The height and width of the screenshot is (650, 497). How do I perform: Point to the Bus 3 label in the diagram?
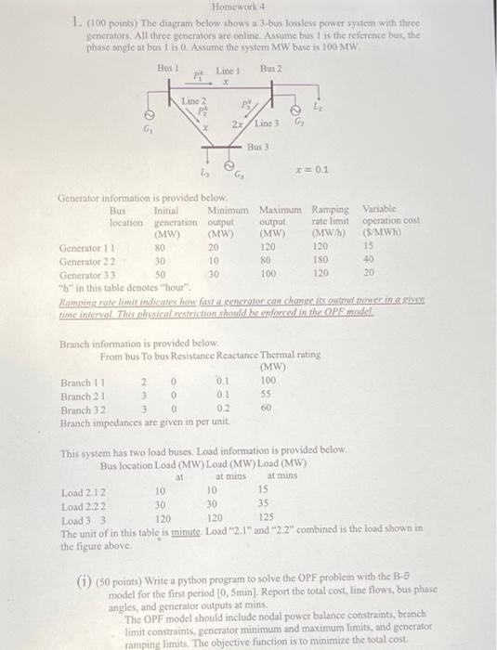pyautogui.click(x=258, y=146)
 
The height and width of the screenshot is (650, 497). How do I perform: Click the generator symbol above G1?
pyautogui.click(x=148, y=115)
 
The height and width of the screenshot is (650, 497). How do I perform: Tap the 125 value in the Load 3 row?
pyautogui.click(x=266, y=517)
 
